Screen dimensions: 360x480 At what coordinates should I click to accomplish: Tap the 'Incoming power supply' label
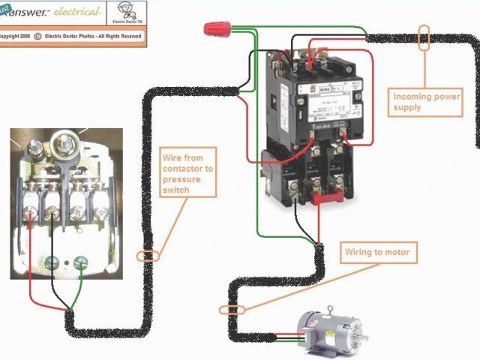pyautogui.click(x=426, y=101)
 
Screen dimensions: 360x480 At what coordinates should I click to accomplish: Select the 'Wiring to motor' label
pyautogui.click(x=377, y=253)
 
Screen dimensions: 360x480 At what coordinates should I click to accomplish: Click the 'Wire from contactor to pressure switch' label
pyautogui.click(x=187, y=174)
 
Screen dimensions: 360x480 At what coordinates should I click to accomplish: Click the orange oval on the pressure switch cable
pyautogui.click(x=148, y=256)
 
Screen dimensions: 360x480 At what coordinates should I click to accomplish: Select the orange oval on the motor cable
pyautogui.click(x=232, y=309)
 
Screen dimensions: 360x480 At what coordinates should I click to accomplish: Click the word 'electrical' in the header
pyautogui.click(x=76, y=11)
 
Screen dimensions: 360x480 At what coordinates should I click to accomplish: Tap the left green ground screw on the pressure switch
pyautogui.click(x=53, y=262)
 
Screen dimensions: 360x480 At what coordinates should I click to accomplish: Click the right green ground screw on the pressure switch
pyautogui.click(x=83, y=262)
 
